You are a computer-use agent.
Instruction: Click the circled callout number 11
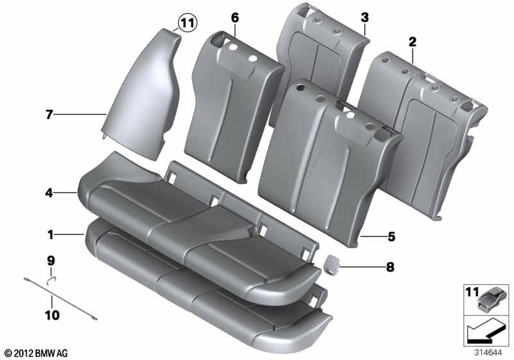click(x=186, y=24)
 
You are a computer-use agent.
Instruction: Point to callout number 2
click(x=412, y=42)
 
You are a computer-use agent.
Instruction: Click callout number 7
click(x=48, y=116)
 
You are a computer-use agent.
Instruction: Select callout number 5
click(x=391, y=237)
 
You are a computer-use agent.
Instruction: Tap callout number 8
click(x=391, y=264)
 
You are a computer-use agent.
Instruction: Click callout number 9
click(x=51, y=261)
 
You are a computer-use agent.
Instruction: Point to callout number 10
click(x=51, y=315)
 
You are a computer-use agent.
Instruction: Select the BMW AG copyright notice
click(x=35, y=352)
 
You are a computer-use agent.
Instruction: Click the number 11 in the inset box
click(x=472, y=293)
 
